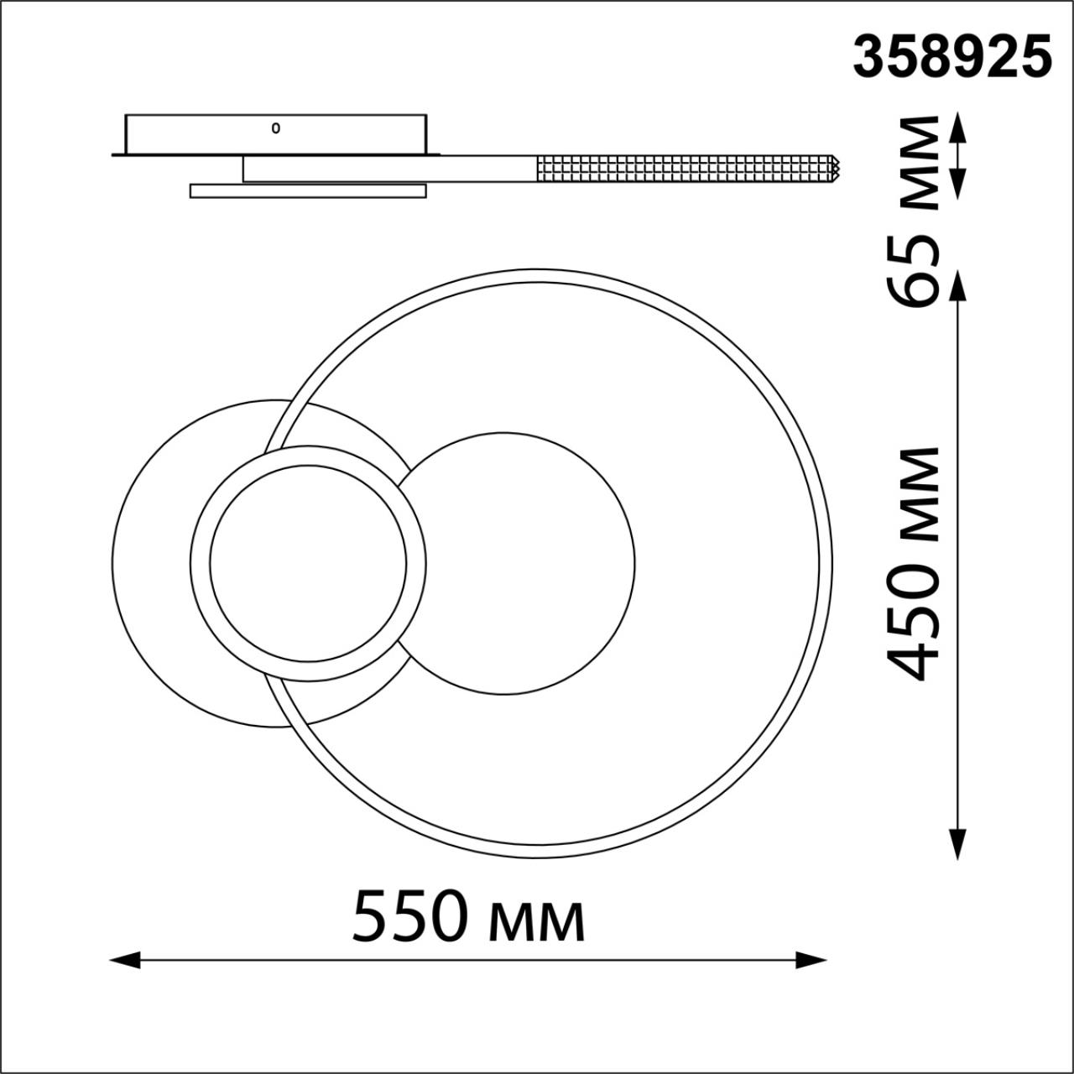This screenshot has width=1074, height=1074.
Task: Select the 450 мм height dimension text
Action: point(912,566)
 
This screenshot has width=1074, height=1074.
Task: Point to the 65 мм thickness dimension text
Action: point(912,212)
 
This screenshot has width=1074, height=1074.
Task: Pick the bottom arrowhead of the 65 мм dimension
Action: point(957,185)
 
